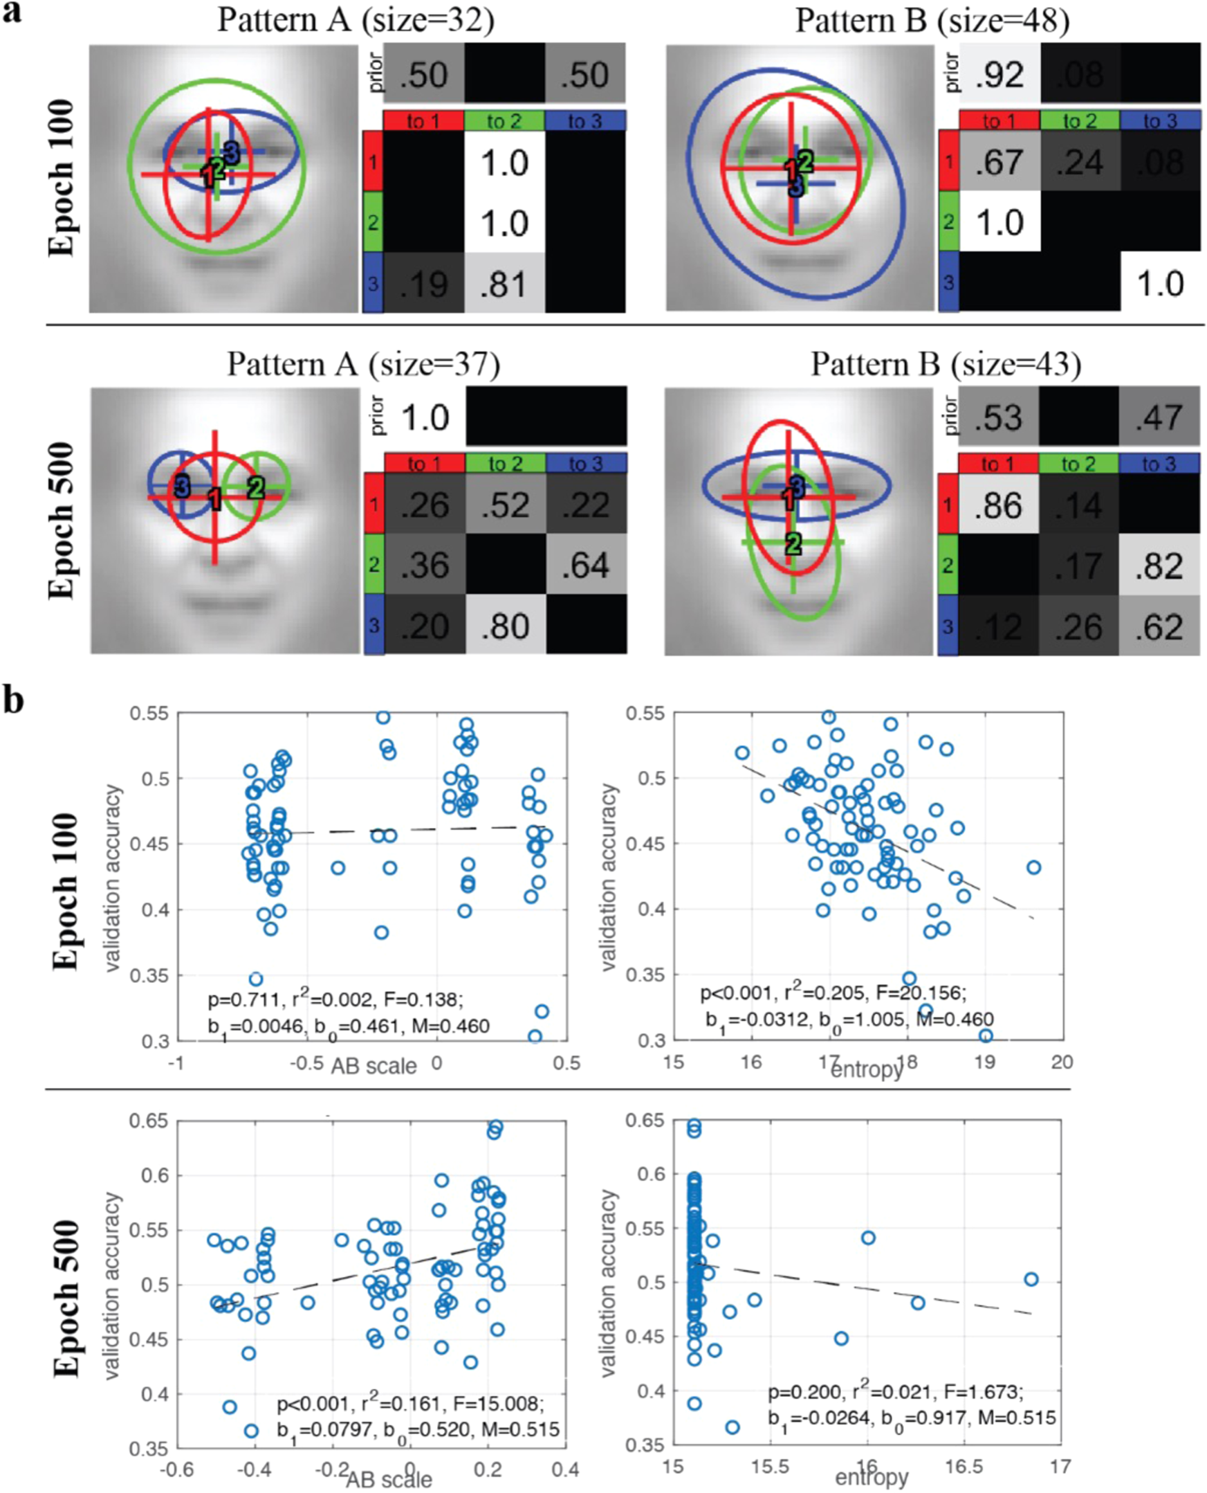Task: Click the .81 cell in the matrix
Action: [504, 283]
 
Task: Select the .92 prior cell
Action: [999, 74]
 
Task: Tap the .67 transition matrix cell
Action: [999, 163]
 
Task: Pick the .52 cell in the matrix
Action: [505, 505]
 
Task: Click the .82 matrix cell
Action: [1159, 565]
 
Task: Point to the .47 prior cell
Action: [1159, 417]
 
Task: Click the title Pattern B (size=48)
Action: [932, 20]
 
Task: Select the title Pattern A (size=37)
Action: [364, 363]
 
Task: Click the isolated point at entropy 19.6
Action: [1033, 867]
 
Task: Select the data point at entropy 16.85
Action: [1031, 1279]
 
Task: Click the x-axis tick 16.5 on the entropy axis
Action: [964, 1467]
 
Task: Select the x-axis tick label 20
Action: [1062, 1062]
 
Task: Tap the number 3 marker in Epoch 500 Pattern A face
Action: [182, 486]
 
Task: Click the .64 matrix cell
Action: [585, 565]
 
